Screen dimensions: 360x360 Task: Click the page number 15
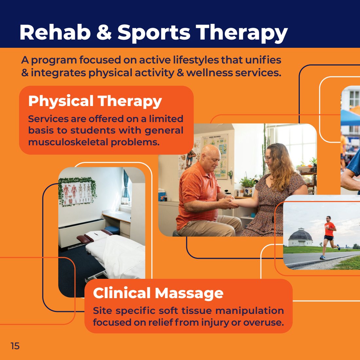coord(15,346)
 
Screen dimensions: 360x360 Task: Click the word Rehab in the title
coord(55,32)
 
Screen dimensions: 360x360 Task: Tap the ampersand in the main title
coord(104,32)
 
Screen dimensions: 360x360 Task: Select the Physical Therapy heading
coord(95,101)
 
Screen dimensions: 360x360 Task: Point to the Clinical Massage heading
coord(158,293)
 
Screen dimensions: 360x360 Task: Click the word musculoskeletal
coord(68,142)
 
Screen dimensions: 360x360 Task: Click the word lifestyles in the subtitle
coord(196,60)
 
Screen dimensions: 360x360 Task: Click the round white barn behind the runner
coord(300,237)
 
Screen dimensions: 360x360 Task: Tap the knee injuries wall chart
coord(215,156)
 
